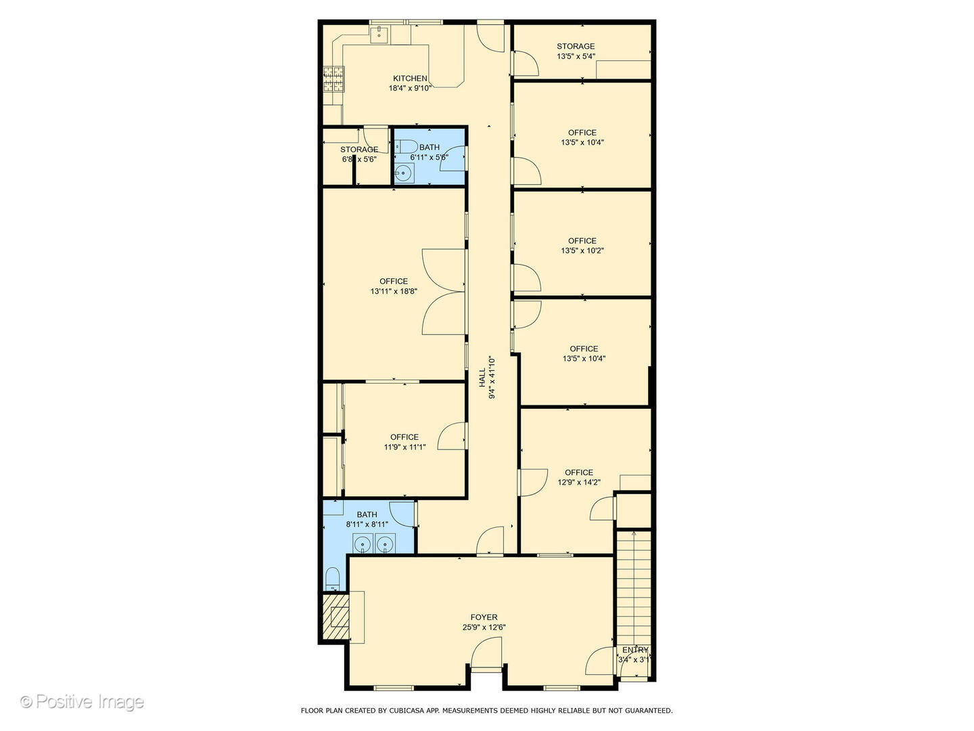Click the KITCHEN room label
(x=410, y=79)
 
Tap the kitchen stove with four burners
(x=333, y=79)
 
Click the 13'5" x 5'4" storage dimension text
(x=576, y=56)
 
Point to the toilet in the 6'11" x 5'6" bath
(x=406, y=146)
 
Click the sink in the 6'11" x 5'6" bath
(x=404, y=173)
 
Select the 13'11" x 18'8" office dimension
(x=394, y=291)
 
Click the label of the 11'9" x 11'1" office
(x=404, y=437)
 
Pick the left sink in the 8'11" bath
(x=363, y=544)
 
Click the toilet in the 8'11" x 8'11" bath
(x=332, y=579)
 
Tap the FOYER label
(x=484, y=617)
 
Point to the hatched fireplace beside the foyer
(x=336, y=617)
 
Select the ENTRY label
(x=635, y=650)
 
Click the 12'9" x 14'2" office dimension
(x=579, y=482)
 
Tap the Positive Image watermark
(x=82, y=701)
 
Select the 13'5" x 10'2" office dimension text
(x=582, y=250)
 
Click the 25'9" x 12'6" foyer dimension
(x=484, y=627)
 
